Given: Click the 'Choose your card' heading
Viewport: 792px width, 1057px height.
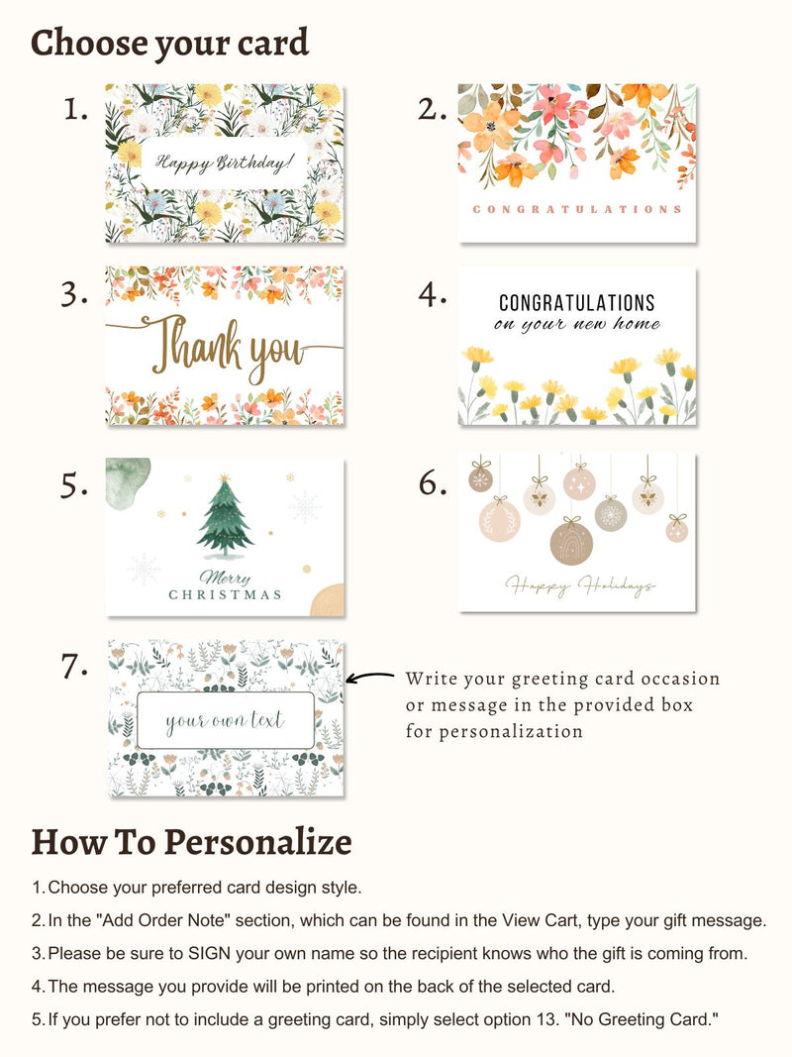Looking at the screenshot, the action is [x=169, y=44].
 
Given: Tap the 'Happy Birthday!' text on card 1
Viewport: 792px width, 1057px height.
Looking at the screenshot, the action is [x=225, y=162].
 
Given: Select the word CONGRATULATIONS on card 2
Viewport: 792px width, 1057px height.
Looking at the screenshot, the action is [x=577, y=209].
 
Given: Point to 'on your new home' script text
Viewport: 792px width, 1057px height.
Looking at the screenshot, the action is [x=577, y=324].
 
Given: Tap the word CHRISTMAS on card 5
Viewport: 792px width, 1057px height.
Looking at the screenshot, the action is [x=225, y=594].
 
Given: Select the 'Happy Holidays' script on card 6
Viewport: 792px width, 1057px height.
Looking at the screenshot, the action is [x=580, y=584].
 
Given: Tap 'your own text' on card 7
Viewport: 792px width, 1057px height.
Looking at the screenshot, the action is [x=225, y=720].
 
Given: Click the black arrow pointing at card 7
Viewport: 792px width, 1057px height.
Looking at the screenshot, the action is [x=369, y=677].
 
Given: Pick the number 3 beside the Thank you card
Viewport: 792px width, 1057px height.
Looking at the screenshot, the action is [x=74, y=294].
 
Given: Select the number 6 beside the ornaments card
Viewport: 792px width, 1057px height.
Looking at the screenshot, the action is [x=432, y=482].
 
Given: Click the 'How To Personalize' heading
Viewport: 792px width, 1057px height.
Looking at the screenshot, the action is [x=191, y=842].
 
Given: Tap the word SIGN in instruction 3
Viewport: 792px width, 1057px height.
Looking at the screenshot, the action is [x=209, y=954].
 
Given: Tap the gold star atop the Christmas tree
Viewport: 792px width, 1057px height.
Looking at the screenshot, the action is [x=224, y=477].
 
